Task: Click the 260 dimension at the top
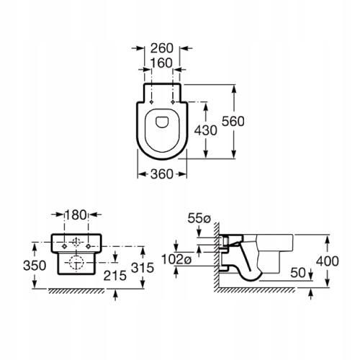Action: (162, 48)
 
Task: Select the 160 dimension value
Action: (161, 63)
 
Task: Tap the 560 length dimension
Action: (233, 121)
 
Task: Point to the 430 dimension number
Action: (205, 130)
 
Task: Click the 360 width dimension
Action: (162, 174)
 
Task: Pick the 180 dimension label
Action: (76, 215)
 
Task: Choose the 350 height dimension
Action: (35, 266)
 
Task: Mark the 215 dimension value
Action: (115, 276)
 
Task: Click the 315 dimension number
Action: (143, 268)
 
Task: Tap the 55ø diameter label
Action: (199, 218)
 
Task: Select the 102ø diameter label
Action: (176, 259)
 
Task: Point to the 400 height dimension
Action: (328, 261)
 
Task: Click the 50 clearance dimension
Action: (298, 272)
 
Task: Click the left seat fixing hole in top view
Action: (151, 102)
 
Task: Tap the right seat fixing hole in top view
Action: (173, 102)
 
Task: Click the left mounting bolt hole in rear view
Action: (64, 246)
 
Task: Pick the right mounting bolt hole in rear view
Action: (89, 246)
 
